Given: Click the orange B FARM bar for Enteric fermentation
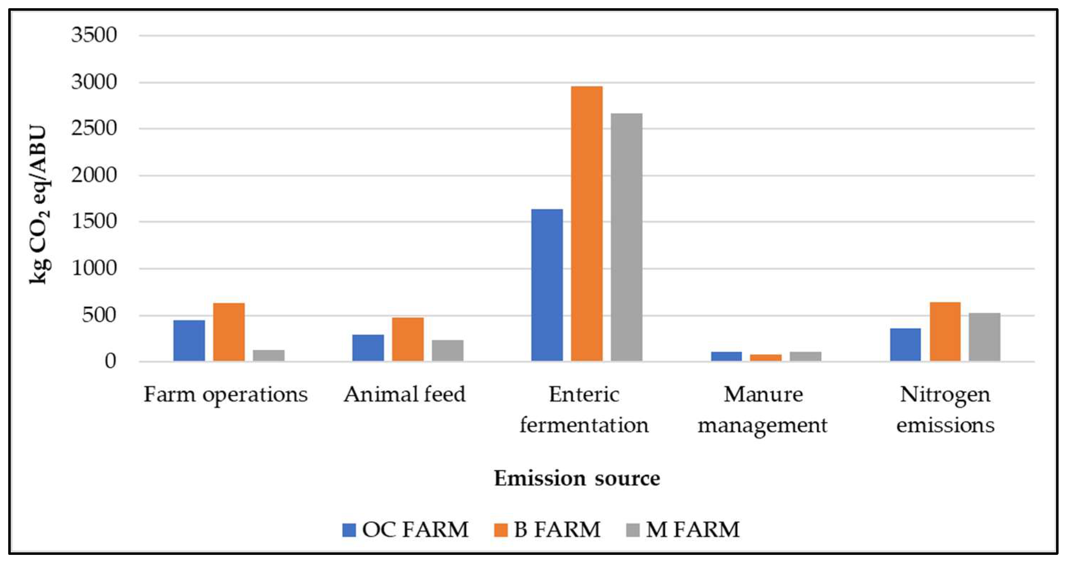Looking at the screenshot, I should (x=587, y=224).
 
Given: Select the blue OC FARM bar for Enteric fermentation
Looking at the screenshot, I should (x=547, y=285).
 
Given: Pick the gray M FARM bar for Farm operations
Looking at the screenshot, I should (x=269, y=355).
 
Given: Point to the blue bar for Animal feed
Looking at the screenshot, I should (x=368, y=348).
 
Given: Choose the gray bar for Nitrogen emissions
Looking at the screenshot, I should (x=984, y=337).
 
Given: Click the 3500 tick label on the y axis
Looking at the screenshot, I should (x=94, y=35).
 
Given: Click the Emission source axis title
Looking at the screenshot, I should (x=577, y=478).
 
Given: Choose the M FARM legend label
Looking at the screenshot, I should (x=692, y=530).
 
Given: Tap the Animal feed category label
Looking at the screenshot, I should (x=404, y=395).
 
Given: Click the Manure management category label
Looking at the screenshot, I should (x=763, y=409).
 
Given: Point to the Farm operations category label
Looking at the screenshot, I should (x=226, y=395).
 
